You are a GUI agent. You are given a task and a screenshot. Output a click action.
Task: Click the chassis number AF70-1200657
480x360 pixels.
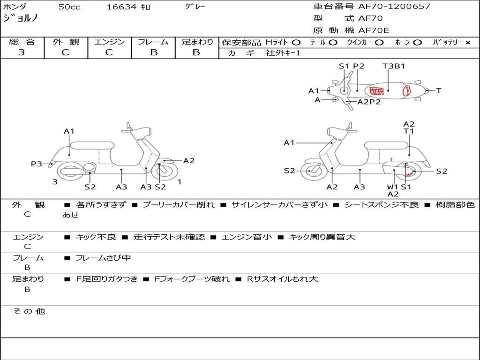(x=394, y=6)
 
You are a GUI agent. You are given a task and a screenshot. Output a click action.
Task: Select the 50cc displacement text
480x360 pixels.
(x=69, y=7)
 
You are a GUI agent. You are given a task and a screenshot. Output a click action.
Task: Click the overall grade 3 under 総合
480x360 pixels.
(x=22, y=52)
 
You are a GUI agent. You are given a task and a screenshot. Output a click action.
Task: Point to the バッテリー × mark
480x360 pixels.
(x=468, y=43)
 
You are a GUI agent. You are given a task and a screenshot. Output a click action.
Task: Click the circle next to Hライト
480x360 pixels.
(x=296, y=43)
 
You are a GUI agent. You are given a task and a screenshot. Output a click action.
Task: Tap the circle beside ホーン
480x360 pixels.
(x=418, y=43)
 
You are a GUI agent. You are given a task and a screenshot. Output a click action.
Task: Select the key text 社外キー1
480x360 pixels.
(x=283, y=53)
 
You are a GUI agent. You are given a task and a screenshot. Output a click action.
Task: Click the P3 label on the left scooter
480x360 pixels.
(x=37, y=164)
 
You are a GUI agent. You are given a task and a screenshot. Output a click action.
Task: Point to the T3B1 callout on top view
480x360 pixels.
(x=394, y=66)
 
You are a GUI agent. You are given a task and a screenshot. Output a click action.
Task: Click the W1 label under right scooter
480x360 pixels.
(x=392, y=187)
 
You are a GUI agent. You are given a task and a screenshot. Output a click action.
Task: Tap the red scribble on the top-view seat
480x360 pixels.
(x=376, y=91)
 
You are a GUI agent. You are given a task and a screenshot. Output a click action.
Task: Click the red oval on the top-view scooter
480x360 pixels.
(x=406, y=90)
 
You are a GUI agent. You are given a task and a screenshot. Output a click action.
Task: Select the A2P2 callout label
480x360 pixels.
(x=369, y=102)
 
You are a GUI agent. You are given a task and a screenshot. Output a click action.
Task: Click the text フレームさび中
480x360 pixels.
(x=103, y=258)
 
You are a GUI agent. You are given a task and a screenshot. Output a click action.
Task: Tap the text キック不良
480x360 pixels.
(x=96, y=237)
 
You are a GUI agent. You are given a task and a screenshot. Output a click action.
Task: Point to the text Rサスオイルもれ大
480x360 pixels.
(x=282, y=279)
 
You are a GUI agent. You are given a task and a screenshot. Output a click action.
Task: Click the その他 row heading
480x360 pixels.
(x=29, y=311)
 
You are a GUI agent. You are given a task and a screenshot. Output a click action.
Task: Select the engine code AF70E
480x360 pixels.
(x=374, y=30)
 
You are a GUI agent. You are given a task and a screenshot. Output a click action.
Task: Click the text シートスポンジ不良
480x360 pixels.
(x=382, y=204)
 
